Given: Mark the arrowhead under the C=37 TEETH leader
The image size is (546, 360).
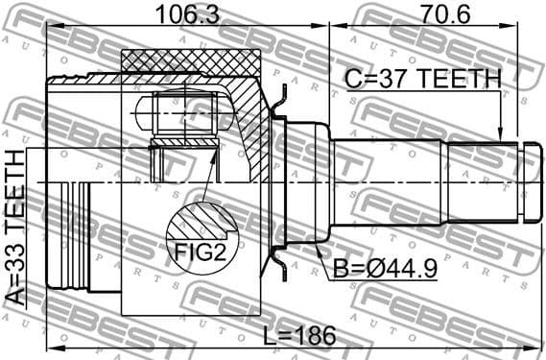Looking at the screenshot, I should pos(500,132).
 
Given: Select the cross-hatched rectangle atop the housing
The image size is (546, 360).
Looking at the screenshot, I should pos(192,60).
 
